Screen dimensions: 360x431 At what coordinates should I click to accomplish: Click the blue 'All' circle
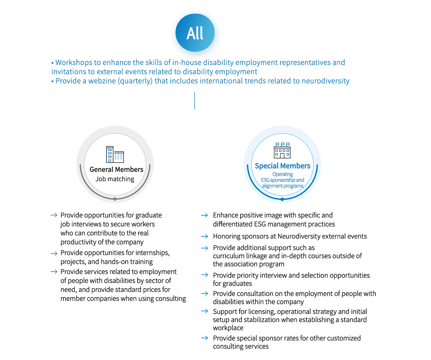click(195, 33)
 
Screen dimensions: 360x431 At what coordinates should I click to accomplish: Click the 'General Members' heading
click(116, 170)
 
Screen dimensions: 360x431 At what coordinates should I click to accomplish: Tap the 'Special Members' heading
click(282, 166)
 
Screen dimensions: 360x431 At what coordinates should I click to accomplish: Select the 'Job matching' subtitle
click(115, 179)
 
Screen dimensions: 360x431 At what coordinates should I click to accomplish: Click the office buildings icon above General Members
click(115, 154)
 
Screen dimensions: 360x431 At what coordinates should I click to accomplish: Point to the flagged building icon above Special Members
click(282, 151)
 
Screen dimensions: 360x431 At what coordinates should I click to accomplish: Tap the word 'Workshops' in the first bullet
click(74, 62)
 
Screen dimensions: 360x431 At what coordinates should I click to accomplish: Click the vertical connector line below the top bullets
click(195, 101)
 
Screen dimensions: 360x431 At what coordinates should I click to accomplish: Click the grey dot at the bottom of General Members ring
click(115, 199)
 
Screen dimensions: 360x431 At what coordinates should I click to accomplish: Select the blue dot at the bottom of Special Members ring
click(282, 199)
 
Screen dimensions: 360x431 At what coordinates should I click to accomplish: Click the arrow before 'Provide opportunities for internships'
click(54, 253)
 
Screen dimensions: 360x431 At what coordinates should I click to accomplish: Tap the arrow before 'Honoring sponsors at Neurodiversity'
click(204, 236)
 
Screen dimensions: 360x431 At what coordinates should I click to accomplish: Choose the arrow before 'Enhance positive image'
click(204, 215)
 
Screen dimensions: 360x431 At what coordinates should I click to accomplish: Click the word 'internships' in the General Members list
click(152, 253)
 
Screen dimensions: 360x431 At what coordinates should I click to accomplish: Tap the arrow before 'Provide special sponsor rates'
click(204, 338)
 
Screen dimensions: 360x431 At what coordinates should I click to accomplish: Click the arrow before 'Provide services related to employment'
click(54, 272)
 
